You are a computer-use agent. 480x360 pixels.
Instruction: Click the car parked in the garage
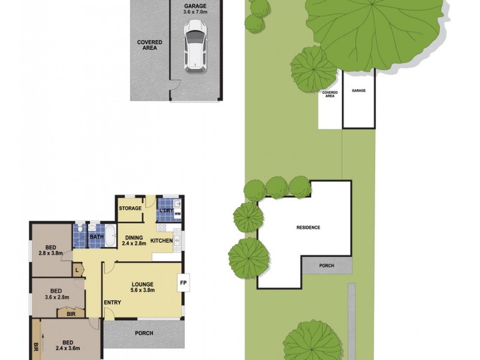pos(195,46)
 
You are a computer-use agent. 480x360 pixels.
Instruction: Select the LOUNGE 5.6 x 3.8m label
pos(143,287)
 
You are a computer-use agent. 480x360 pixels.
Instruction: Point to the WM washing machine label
pos(177,213)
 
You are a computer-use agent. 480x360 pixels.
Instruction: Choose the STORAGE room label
pos(130,208)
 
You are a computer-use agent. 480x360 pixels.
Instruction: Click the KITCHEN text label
pos(161,241)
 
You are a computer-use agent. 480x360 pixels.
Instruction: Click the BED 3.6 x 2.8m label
pos(56,293)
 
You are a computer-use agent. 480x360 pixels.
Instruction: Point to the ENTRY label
pos(112,302)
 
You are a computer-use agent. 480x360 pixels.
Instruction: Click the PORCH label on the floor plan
pos(144,333)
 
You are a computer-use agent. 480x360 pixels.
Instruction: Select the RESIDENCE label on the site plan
pos(308,227)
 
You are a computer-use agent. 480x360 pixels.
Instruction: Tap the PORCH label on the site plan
pos(326,265)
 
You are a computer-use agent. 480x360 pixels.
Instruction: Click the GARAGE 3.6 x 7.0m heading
pos(196,8)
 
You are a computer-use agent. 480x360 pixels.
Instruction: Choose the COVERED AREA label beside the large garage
pos(149,45)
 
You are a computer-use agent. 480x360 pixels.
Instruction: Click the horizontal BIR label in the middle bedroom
pos(71,313)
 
